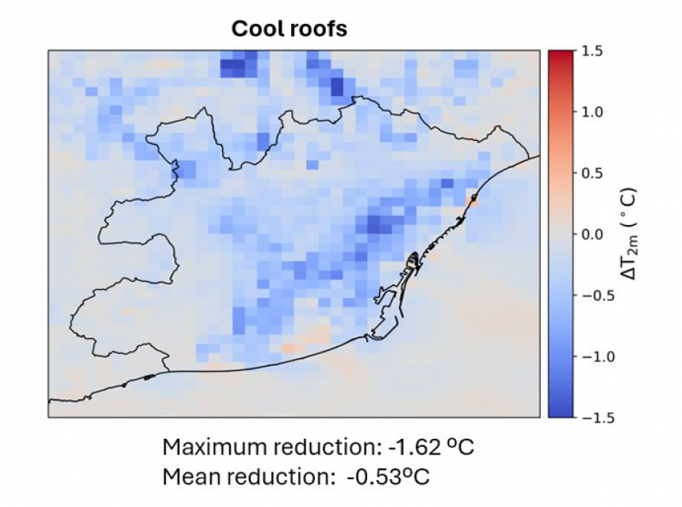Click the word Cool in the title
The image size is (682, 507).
256,29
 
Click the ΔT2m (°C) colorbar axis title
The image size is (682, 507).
630,234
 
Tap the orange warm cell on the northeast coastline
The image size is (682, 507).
472,201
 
